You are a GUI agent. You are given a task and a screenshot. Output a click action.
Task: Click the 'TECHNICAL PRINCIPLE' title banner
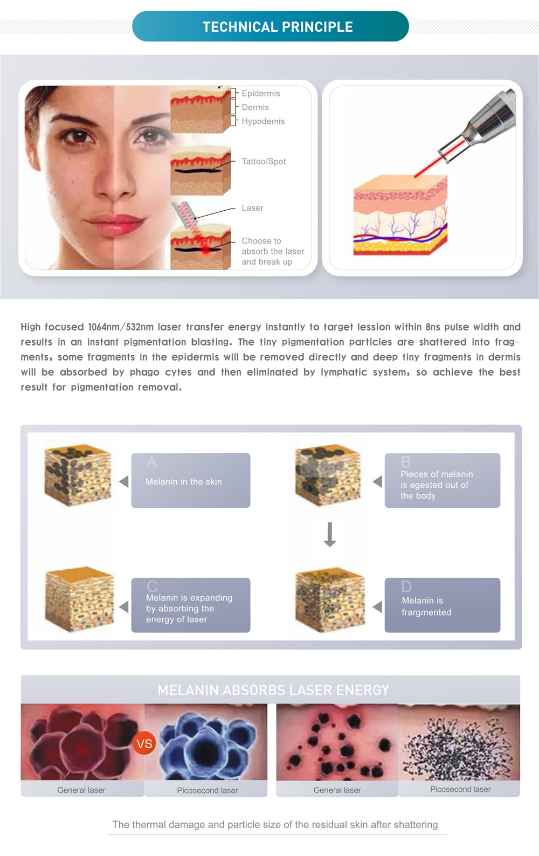pyautogui.click(x=271, y=26)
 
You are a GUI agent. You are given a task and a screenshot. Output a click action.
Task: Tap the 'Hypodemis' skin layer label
pyautogui.click(x=263, y=121)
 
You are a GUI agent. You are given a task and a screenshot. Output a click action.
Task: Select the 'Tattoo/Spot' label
pyautogui.click(x=264, y=161)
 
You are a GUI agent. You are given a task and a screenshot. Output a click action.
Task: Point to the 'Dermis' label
pyautogui.click(x=255, y=107)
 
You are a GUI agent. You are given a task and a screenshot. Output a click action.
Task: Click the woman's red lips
pyautogui.click(x=115, y=224)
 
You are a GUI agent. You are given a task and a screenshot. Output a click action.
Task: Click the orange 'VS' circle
pyautogui.click(x=144, y=743)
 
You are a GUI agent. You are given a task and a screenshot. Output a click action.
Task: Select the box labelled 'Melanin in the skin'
pyautogui.click(x=191, y=480)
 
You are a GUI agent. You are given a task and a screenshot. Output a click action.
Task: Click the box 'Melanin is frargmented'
pyautogui.click(x=443, y=605)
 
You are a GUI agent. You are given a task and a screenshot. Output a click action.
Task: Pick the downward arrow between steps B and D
pyautogui.click(x=330, y=534)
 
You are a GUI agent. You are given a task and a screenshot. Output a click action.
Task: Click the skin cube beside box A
pyautogui.click(x=78, y=475)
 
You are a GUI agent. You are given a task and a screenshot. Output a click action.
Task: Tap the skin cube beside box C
pyautogui.click(x=79, y=599)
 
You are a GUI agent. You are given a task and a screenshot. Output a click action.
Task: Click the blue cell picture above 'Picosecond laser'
pyautogui.click(x=206, y=742)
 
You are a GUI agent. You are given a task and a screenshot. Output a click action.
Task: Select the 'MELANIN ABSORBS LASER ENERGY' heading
pyautogui.click(x=273, y=690)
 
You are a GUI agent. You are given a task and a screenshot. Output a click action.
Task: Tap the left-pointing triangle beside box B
pyautogui.click(x=377, y=481)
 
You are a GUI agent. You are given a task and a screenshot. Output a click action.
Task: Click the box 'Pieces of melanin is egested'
pyautogui.click(x=443, y=480)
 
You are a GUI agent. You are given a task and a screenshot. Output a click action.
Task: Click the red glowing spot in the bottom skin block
pyautogui.click(x=205, y=250)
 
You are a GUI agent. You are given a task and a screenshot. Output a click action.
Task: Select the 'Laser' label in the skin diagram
pyautogui.click(x=252, y=208)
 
